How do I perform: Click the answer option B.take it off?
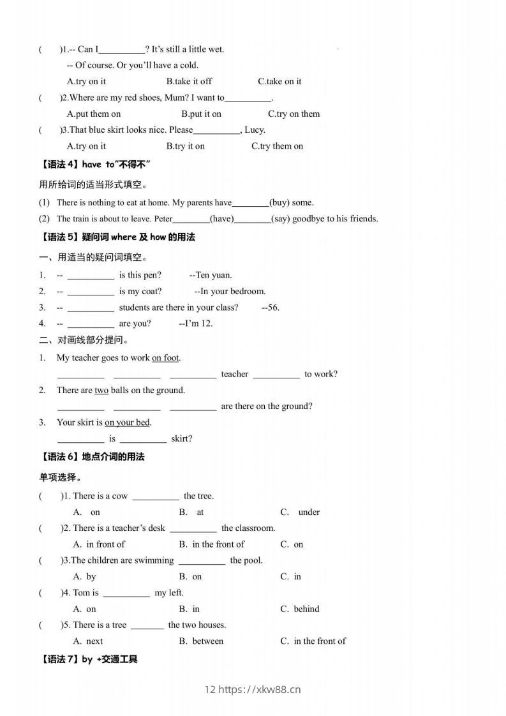[189, 82]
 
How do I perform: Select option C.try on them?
[294, 114]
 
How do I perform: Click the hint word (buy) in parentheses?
[281, 203]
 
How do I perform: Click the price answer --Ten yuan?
[211, 276]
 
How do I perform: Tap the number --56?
[271, 308]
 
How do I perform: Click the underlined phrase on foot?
[165, 358]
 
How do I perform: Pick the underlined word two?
[101, 391]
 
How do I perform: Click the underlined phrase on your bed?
[128, 422]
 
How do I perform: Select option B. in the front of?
[211, 544]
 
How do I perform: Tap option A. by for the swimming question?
[85, 577]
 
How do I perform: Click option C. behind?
[300, 609]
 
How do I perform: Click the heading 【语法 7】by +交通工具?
[89, 659]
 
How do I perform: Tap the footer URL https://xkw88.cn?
[259, 689]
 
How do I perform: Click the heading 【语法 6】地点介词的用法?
[93, 457]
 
